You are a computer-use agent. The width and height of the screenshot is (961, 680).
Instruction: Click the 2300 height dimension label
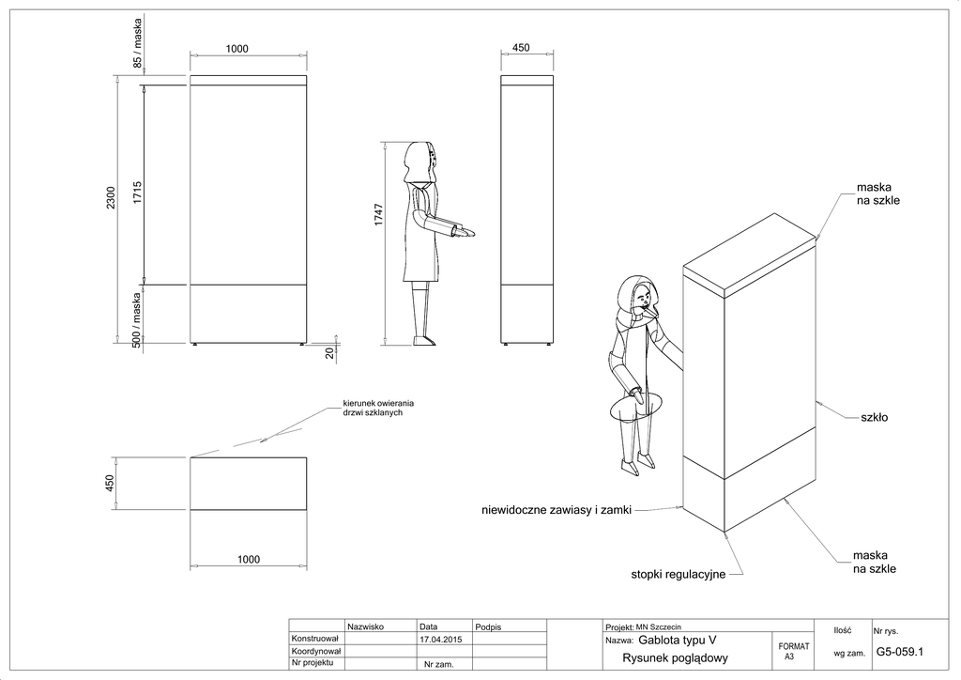click(x=111, y=198)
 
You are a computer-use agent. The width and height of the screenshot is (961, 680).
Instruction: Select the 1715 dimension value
click(x=137, y=193)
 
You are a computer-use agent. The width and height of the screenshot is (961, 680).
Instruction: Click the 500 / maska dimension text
click(x=137, y=320)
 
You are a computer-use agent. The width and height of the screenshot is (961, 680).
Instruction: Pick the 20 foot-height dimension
click(x=329, y=353)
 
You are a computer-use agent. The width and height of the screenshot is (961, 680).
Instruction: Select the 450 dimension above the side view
click(x=521, y=48)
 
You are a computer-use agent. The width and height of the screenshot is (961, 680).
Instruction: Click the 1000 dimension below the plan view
click(x=249, y=559)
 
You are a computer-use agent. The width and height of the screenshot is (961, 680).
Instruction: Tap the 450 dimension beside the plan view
click(x=110, y=483)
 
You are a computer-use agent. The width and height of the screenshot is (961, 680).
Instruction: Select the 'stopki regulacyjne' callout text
click(x=678, y=573)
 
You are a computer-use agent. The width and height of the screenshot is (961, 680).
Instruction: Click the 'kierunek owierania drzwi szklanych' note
click(x=378, y=409)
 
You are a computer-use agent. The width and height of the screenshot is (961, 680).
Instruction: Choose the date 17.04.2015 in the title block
click(x=440, y=638)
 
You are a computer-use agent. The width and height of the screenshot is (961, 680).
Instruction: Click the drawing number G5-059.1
click(x=900, y=650)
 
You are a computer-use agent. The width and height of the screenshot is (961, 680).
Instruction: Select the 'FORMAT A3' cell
click(x=794, y=651)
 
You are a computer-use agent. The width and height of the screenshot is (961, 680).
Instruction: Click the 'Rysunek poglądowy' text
click(x=675, y=657)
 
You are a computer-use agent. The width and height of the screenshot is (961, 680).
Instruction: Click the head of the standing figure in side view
click(x=420, y=161)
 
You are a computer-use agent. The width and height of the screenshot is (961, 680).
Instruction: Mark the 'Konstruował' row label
click(x=315, y=638)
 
